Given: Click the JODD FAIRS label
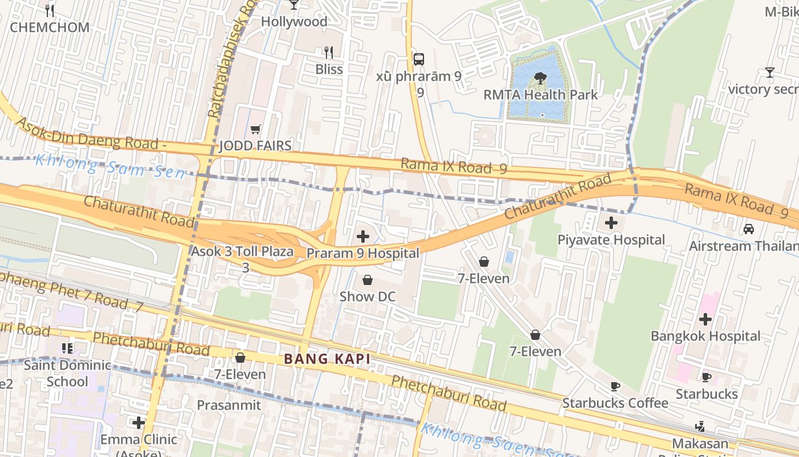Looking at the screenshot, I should [x=255, y=146].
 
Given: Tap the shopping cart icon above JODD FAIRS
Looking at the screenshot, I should [x=255, y=130].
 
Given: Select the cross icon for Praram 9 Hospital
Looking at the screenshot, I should [x=362, y=236].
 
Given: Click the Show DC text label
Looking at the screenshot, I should [x=367, y=296].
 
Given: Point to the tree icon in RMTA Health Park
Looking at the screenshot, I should [x=540, y=78].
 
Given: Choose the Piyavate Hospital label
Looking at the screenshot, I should [x=611, y=240].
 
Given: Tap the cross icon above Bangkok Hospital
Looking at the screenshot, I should [x=705, y=319].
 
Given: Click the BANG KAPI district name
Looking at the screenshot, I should [x=327, y=359].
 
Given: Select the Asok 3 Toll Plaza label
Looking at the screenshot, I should [x=242, y=251].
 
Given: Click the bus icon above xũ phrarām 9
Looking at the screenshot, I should [x=419, y=59].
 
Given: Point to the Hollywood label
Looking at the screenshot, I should [x=294, y=22].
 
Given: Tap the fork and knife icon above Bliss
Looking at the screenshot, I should [x=328, y=53].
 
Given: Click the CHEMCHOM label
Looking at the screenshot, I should [x=50, y=27].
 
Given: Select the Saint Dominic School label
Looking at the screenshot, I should [x=67, y=373].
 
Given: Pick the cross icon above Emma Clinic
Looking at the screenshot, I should [x=138, y=423].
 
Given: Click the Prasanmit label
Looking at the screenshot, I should [x=228, y=405].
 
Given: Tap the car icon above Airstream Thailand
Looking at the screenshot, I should [x=748, y=229].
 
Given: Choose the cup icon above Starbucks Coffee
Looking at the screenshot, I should [x=615, y=387].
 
